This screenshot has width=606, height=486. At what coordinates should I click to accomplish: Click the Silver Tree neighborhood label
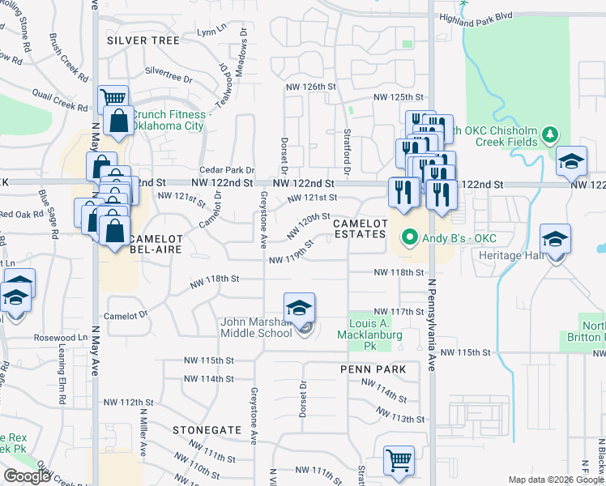142,39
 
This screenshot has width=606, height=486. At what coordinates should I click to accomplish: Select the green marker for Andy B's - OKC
410,238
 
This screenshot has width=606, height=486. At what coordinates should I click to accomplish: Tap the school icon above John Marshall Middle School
299,309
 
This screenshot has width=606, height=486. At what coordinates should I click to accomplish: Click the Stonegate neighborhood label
207,428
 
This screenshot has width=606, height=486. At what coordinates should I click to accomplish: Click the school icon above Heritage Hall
556,241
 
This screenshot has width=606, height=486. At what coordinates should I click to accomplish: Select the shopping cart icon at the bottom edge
399,461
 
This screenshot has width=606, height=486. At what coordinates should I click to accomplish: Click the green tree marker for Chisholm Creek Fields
551,133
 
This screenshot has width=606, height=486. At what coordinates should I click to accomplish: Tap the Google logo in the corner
26,476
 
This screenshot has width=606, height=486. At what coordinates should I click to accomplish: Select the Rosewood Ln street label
61,337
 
